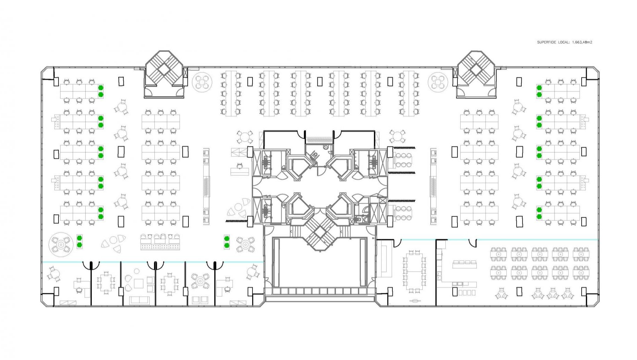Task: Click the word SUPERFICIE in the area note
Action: coord(547,42)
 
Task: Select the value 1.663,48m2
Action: coord(582,42)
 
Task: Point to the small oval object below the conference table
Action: coord(415,301)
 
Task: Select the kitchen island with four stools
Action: coord(465,264)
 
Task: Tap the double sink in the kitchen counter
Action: coord(439,274)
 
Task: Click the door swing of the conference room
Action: coord(397,243)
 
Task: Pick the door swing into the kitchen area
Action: coord(473,243)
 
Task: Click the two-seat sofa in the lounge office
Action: coord(139,300)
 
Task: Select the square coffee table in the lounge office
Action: coord(139,283)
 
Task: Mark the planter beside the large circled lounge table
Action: coord(79,241)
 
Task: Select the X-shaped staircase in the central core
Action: coord(319,229)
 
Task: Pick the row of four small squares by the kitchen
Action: coord(467,293)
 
